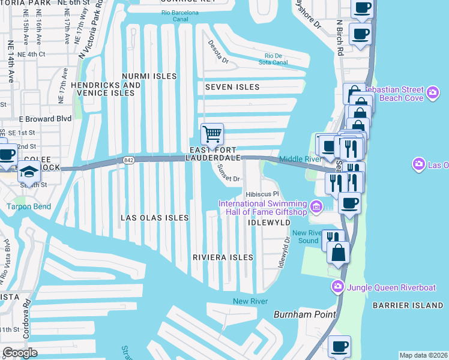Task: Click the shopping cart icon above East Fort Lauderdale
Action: click(212, 134)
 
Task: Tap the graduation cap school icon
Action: click(29, 173)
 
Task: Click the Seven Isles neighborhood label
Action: click(232, 87)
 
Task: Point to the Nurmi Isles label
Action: click(149, 76)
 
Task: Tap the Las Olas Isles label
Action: click(155, 218)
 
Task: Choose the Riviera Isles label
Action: click(223, 257)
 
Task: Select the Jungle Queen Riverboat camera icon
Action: click(337, 287)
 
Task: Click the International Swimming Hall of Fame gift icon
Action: click(316, 207)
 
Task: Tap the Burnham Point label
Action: click(299, 314)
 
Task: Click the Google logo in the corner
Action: click(20, 353)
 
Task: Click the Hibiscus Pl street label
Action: click(263, 194)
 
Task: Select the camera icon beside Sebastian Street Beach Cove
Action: click(433, 93)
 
